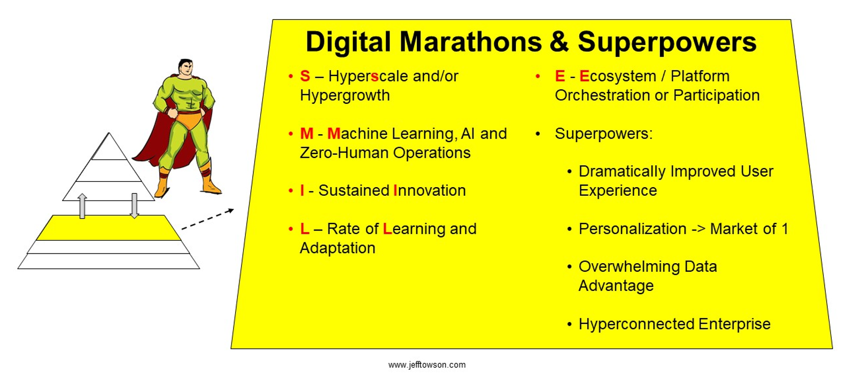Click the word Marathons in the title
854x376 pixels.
pos(470,42)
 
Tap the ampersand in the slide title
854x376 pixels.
pos(560,42)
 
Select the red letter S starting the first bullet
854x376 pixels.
pos(305,76)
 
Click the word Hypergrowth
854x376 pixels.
pos(345,95)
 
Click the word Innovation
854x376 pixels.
pos(429,190)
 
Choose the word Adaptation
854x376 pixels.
pos(337,248)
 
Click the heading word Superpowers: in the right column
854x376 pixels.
pos(603,134)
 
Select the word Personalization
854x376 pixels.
pos(633,229)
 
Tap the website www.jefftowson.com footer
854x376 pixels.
pos(427,365)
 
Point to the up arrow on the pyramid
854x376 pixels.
pos(82,206)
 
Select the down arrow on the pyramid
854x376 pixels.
pos(134,206)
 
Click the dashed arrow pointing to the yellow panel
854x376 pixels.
pos(208,219)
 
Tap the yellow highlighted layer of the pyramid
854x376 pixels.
pos(108,227)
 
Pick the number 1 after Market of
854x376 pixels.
pos(785,229)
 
